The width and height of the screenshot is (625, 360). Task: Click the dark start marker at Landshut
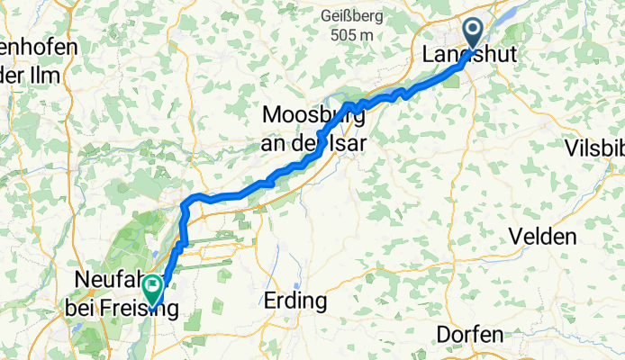[x=472, y=35]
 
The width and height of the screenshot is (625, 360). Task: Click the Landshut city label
[x=470, y=55]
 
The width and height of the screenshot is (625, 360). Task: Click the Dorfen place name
[x=468, y=334]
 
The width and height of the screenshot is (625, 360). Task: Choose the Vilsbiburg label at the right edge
[x=595, y=148]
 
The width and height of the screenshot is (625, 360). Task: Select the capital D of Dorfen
[x=442, y=334]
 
